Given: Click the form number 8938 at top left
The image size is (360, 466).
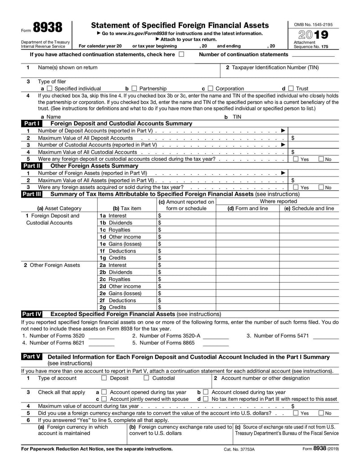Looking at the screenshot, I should (x=48, y=27).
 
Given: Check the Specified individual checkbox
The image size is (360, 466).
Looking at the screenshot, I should (x=50, y=89).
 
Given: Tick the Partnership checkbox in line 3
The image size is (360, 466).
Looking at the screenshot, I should (x=134, y=89).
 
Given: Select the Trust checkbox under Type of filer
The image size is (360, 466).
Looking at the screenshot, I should (x=291, y=89).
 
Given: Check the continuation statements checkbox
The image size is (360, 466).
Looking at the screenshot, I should (x=181, y=54).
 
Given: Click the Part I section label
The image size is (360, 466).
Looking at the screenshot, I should (x=31, y=123).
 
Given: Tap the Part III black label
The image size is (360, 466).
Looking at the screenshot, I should (x=32, y=194).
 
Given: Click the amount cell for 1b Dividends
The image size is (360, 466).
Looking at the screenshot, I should (x=186, y=223).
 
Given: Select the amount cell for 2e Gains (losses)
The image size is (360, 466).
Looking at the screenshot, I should (x=186, y=293).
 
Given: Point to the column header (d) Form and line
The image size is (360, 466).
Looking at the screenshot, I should (x=247, y=208).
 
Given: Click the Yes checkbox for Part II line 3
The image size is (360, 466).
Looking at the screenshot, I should (x=296, y=187).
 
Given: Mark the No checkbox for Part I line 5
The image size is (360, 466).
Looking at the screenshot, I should (x=321, y=159).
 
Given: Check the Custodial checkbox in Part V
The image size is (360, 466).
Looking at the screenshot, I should (x=146, y=378).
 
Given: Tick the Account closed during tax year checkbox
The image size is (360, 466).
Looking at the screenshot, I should (x=206, y=392).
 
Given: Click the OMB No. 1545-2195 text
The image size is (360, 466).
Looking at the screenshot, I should (x=313, y=24).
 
